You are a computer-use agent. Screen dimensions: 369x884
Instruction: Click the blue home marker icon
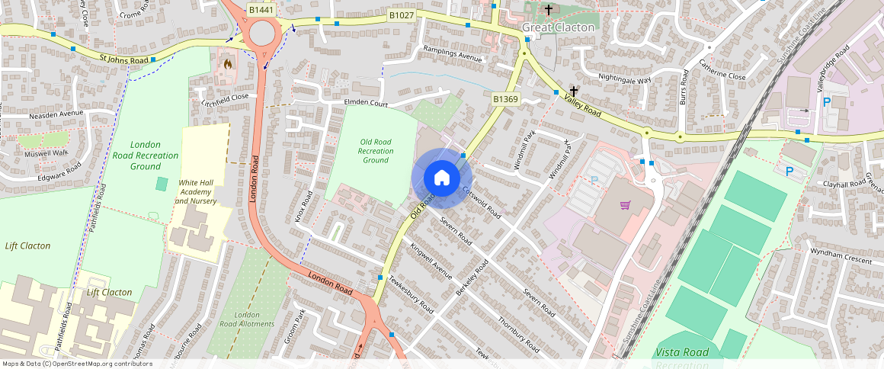(x=441, y=178)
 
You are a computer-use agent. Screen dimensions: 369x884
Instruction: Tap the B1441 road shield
(x=262, y=10)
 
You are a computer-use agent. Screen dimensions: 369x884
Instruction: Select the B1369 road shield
(x=505, y=99)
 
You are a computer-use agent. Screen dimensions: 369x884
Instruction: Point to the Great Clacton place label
(x=558, y=27)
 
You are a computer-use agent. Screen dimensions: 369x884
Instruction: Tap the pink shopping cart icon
(x=626, y=205)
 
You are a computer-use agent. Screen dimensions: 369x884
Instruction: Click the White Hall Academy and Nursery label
(x=197, y=192)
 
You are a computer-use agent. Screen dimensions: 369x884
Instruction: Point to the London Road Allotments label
(x=254, y=319)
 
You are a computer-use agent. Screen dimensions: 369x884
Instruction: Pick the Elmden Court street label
(x=367, y=103)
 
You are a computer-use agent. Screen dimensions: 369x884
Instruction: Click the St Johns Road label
(x=124, y=59)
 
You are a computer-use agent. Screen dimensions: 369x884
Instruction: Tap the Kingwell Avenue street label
(x=431, y=261)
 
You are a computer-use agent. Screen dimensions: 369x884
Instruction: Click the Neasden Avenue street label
(x=56, y=114)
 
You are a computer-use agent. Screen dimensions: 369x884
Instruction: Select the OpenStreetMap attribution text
(x=77, y=364)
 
